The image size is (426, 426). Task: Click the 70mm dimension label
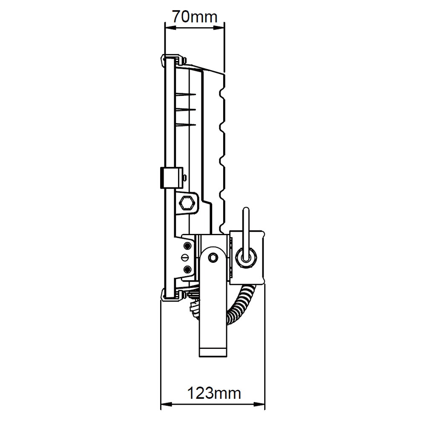pos(195,17)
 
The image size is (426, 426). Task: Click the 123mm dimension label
pos(214,393)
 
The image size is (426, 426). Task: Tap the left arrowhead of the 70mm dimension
pos(170,27)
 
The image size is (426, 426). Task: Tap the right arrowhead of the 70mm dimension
pos(219,27)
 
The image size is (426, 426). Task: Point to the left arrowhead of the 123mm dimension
pos(166,404)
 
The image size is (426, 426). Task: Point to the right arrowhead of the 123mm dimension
pos(259,404)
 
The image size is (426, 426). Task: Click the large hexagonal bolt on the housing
pos(187,203)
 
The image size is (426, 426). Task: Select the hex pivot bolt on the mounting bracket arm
pos(213,257)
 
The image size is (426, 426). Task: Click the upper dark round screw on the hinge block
pos(187,246)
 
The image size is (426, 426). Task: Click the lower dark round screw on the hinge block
pos(187,269)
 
